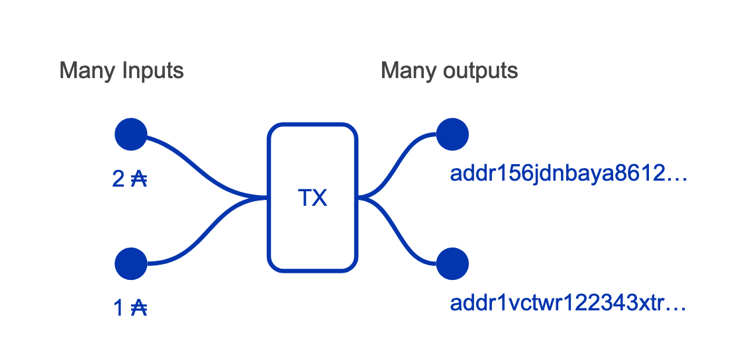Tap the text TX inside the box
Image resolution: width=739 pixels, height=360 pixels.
[x=312, y=197]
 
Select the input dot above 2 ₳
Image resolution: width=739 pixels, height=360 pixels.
[x=130, y=134]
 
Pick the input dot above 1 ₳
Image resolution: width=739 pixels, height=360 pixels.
[x=130, y=264]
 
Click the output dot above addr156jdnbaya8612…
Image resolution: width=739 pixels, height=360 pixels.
[x=453, y=134]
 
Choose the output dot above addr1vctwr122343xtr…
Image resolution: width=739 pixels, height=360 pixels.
[x=453, y=264]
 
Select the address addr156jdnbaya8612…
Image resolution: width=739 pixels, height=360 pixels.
[x=569, y=174]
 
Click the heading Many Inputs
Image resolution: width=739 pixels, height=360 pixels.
[x=121, y=71]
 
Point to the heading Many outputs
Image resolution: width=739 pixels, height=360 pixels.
[x=449, y=71]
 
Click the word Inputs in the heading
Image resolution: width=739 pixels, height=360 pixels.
[x=152, y=71]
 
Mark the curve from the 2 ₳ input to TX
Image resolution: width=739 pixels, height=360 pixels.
[x=199, y=165]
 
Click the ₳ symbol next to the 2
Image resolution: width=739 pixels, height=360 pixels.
[x=138, y=179]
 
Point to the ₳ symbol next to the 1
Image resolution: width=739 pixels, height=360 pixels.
[x=138, y=308]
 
